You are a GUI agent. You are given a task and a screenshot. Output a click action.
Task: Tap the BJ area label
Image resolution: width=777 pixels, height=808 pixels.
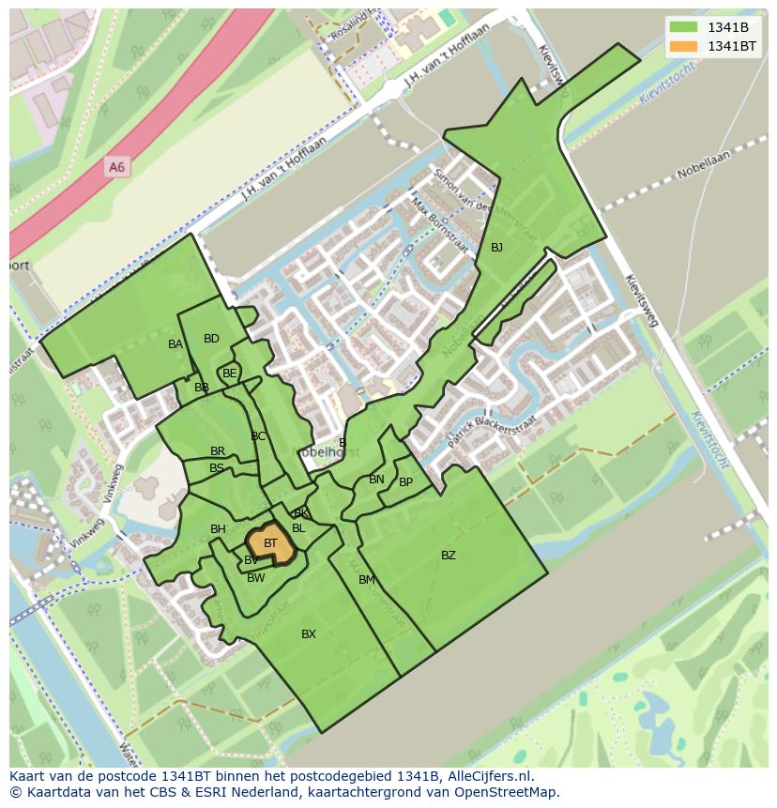[x=496, y=248]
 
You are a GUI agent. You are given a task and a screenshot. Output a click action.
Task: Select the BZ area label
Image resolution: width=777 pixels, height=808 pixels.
[x=449, y=556]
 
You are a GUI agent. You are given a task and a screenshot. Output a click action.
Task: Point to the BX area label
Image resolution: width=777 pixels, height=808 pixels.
[x=309, y=634]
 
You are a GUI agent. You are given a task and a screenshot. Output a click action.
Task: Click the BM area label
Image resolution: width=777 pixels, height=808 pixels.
[x=367, y=580]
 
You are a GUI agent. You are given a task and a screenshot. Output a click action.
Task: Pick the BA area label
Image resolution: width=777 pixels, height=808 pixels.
[x=175, y=344]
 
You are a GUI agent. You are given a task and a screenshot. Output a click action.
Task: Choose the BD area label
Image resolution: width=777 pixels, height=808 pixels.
[x=211, y=339]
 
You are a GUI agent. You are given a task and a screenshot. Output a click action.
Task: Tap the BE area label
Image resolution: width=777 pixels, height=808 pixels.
[x=230, y=374]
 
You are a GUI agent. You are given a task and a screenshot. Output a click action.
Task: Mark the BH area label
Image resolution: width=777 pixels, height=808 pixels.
[x=218, y=529]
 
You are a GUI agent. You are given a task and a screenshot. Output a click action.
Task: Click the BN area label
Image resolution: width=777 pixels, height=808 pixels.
[x=376, y=480]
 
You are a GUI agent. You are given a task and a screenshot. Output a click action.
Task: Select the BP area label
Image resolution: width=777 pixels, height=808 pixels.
[x=405, y=482]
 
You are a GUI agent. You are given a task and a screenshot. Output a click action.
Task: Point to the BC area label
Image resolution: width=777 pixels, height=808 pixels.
[x=258, y=436]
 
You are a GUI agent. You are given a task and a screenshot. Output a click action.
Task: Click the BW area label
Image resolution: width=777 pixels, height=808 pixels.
[x=256, y=578]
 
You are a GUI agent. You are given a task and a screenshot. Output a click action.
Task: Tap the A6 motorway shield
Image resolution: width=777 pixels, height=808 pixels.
[x=116, y=167]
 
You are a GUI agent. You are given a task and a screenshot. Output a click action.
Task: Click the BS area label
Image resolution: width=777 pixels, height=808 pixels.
[x=217, y=468]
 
